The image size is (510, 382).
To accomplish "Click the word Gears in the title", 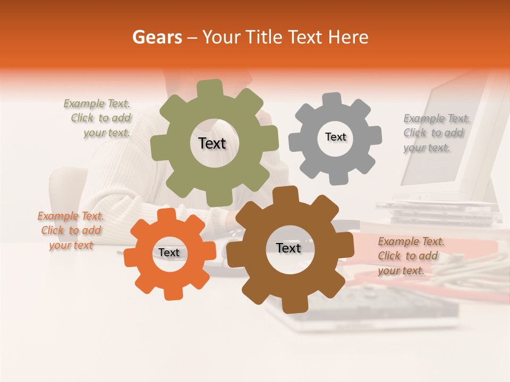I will click(157, 37).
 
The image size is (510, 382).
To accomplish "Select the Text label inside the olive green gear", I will click(212, 143).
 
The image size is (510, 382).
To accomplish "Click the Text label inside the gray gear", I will click(335, 137).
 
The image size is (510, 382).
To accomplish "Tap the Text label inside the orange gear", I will click(169, 253).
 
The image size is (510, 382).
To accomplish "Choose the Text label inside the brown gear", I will click(288, 248).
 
